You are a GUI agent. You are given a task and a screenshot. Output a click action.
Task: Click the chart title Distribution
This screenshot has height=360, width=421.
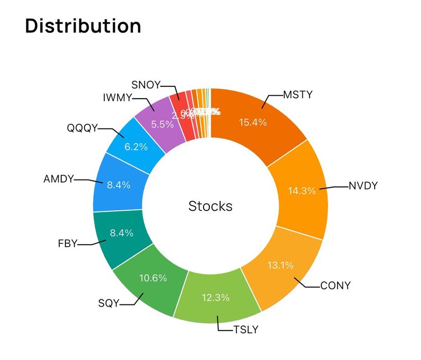point(83,26)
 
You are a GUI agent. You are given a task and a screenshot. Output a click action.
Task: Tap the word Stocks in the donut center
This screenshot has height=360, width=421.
point(210,206)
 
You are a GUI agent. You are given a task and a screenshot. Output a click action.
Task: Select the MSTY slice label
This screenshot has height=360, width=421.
point(298,95)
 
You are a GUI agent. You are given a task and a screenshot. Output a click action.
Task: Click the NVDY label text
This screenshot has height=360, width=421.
point(363,186)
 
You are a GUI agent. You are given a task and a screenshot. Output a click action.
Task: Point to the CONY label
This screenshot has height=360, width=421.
point(335,285)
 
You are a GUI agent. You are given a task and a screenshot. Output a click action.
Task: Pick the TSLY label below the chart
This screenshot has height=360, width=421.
point(245,330)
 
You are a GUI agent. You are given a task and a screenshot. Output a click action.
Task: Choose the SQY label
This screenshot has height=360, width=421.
point(108,303)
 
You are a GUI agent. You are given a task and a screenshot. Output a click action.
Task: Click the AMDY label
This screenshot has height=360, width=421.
point(59,179)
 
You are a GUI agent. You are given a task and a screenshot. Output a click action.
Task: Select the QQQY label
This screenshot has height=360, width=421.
point(82,128)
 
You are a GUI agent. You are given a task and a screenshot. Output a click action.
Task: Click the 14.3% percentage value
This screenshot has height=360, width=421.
point(302,191)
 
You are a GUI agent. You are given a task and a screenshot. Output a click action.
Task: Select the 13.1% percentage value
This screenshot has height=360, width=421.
point(280,265)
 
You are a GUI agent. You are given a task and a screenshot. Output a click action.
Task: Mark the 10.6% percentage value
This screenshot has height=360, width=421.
point(153,278)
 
